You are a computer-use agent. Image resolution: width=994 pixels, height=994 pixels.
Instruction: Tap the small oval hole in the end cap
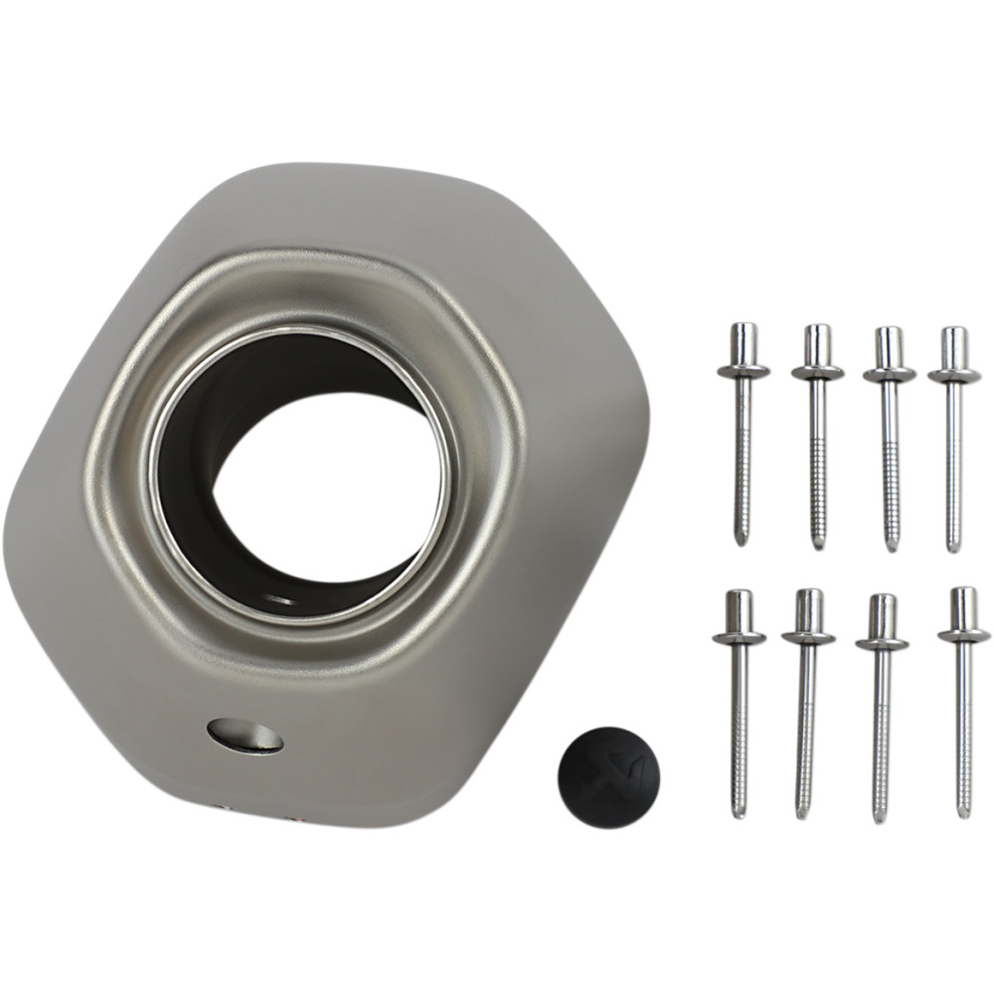click(246, 735)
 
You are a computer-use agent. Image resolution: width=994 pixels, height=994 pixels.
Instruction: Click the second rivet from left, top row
click(818, 437)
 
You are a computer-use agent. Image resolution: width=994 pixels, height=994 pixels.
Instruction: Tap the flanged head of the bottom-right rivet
click(963, 632)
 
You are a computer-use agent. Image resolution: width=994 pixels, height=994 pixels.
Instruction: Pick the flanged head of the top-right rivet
click(954, 376)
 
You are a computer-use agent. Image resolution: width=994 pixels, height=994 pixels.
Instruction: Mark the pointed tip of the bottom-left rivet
click(738, 814)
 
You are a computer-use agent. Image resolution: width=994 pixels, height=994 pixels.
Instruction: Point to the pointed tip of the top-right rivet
click(954, 547)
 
